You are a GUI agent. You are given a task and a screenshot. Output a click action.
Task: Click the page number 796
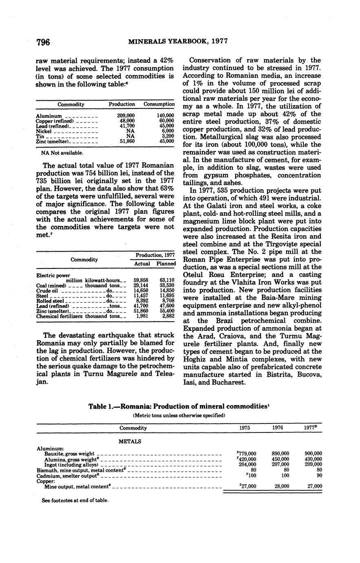click(43, 42)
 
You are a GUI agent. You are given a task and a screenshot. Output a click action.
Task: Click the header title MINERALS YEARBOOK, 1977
click(178, 41)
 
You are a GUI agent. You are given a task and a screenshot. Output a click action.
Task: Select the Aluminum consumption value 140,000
click(166, 116)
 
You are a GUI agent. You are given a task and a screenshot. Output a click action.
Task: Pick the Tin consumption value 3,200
click(168, 136)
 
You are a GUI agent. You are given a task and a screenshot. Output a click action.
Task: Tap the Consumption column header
click(159, 104)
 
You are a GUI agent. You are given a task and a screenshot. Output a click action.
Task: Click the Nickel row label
click(44, 131)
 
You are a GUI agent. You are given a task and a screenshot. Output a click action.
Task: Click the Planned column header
click(166, 264)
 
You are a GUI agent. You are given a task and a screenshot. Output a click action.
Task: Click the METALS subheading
click(130, 441)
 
